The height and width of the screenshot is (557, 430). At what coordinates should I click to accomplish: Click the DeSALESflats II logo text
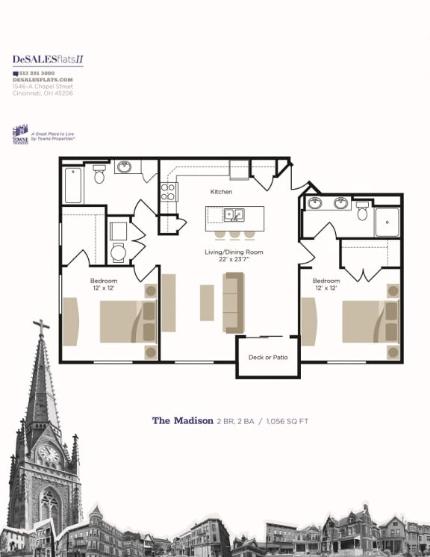47,59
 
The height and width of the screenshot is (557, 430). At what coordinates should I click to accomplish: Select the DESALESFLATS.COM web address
43,79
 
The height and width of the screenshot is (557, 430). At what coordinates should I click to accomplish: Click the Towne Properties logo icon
20,134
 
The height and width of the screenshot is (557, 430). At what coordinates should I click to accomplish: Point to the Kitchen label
221,192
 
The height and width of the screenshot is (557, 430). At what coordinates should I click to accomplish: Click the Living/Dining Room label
234,252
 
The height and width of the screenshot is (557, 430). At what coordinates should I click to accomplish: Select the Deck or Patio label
268,358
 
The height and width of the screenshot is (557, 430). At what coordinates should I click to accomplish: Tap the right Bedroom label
326,281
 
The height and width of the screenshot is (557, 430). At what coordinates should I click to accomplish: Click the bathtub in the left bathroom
73,185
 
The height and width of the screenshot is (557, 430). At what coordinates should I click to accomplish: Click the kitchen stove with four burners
169,192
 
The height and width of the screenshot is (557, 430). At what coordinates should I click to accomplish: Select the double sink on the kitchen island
234,215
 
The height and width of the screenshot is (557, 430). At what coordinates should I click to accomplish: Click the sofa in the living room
234,302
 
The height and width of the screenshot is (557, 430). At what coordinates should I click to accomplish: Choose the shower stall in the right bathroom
387,220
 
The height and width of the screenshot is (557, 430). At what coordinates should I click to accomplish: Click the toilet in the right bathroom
362,212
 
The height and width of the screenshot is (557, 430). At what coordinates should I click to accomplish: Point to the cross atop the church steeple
41,327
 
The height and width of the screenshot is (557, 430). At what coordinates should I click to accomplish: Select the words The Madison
182,420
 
